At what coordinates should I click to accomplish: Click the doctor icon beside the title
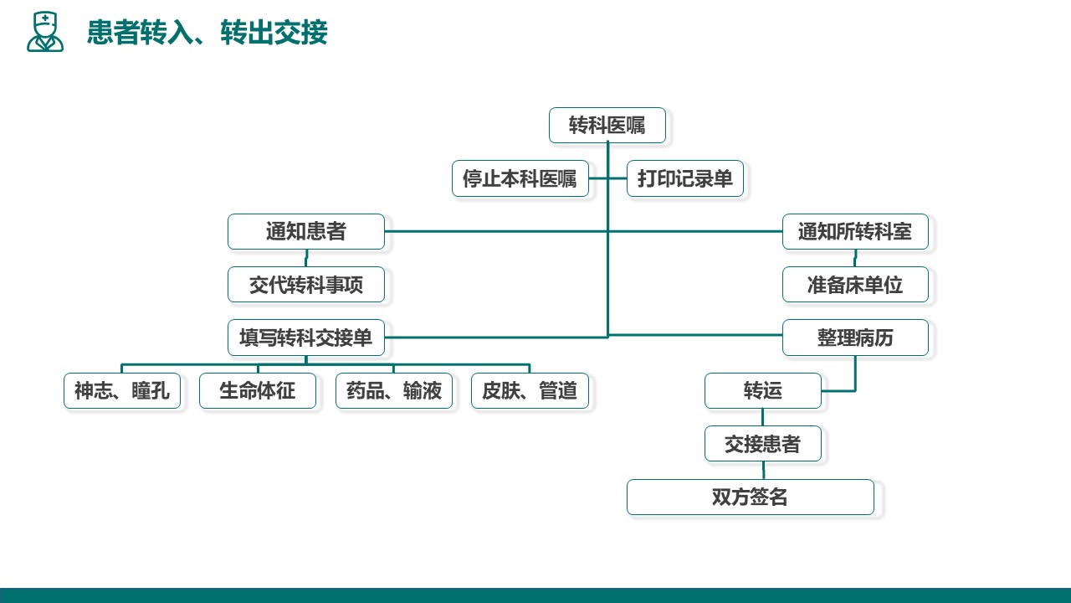[x=45, y=32]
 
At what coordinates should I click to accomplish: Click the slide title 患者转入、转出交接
[x=207, y=33]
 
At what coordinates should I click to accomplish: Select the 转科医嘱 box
[x=607, y=126]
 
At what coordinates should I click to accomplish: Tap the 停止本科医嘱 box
[x=520, y=178]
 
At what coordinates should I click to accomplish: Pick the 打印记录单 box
[x=685, y=178]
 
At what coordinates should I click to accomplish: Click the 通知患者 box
[x=306, y=232]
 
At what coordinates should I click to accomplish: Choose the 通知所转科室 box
[x=855, y=232]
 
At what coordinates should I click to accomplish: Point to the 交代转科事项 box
[x=306, y=285]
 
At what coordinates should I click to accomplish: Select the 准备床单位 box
[x=855, y=285]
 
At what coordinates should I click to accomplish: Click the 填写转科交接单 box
[x=306, y=338]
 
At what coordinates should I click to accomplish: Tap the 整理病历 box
[x=855, y=338]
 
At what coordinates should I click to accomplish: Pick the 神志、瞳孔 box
[x=122, y=391]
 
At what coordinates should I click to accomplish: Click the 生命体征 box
[x=258, y=391]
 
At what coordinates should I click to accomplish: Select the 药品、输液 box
[x=394, y=391]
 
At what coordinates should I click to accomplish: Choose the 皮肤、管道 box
[x=530, y=391]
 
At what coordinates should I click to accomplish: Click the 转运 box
[x=763, y=391]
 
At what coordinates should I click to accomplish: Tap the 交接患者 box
[x=763, y=444]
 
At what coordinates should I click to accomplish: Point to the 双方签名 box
[x=751, y=497]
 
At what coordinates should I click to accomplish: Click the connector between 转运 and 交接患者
[x=762, y=417]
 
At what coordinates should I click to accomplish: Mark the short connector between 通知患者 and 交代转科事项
[x=306, y=259]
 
